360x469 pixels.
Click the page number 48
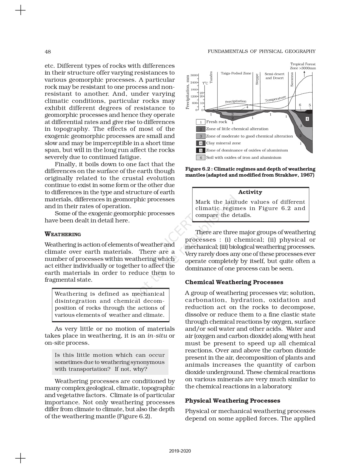[48, 52]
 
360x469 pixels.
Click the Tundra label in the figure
[211, 77]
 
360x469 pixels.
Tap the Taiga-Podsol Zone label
[236, 74]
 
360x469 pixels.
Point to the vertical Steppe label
[257, 79]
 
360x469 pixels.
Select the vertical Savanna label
[292, 80]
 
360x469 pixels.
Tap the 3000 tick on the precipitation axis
[194, 75]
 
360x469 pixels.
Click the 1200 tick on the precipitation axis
[194, 96]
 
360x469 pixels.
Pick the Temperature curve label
[275, 99]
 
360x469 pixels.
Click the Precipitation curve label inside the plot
[236, 101]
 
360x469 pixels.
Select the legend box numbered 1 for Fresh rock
[201, 122]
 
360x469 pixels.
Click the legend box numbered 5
[201, 151]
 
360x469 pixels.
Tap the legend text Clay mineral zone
[223, 143]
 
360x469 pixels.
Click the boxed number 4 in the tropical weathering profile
[307, 119]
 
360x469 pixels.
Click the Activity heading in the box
[250, 192]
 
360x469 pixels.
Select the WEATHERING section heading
[63, 234]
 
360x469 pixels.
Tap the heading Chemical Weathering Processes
[234, 282]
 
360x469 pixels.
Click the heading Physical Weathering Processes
[233, 401]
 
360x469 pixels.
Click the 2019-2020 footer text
[180, 451]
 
